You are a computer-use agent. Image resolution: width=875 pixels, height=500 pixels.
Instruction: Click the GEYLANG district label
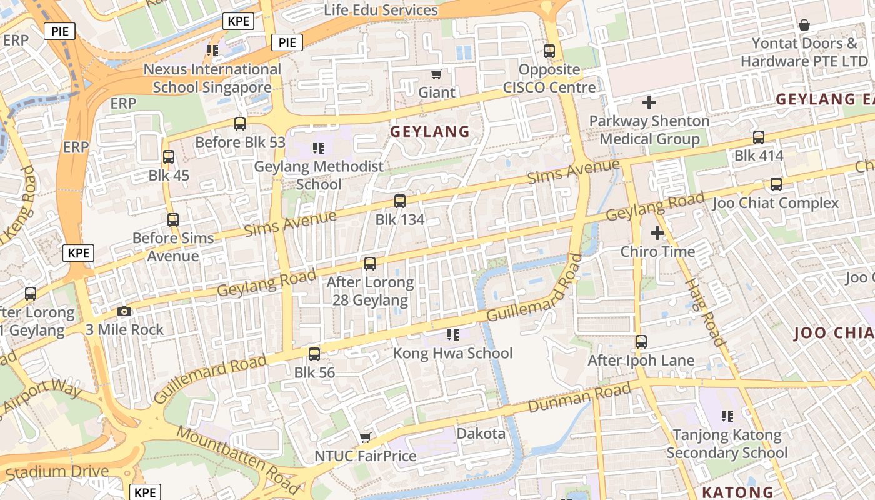point(429,131)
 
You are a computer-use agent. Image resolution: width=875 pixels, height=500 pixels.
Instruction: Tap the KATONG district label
point(737,492)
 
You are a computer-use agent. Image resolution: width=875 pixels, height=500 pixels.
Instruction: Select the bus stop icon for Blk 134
point(400,201)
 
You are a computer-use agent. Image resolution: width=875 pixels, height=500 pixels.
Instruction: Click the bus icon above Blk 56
point(314,354)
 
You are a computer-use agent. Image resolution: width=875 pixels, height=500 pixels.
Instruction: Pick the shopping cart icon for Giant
point(437,74)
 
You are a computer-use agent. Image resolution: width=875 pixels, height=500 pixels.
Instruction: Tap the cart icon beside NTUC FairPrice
point(366,437)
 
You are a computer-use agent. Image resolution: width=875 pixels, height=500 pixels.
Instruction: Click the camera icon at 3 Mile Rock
point(124,311)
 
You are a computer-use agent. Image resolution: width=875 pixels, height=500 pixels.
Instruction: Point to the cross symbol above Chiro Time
point(657,233)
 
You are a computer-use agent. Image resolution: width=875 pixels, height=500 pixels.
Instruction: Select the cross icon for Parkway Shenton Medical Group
point(649,102)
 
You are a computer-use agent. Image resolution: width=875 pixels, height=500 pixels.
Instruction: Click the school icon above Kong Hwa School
point(453,335)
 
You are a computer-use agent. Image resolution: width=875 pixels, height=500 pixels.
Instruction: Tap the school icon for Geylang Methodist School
point(319,148)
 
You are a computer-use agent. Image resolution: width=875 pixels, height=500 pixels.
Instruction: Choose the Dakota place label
point(481,434)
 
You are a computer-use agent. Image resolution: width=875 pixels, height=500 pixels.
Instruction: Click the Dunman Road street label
point(579,398)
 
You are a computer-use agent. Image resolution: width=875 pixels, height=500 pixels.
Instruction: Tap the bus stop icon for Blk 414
point(759,137)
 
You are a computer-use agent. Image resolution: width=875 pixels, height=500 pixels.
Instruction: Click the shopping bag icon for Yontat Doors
point(804,26)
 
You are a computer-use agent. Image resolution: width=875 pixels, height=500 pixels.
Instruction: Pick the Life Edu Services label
point(381,10)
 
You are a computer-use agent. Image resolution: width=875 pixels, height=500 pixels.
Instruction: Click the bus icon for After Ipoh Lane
point(641,342)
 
